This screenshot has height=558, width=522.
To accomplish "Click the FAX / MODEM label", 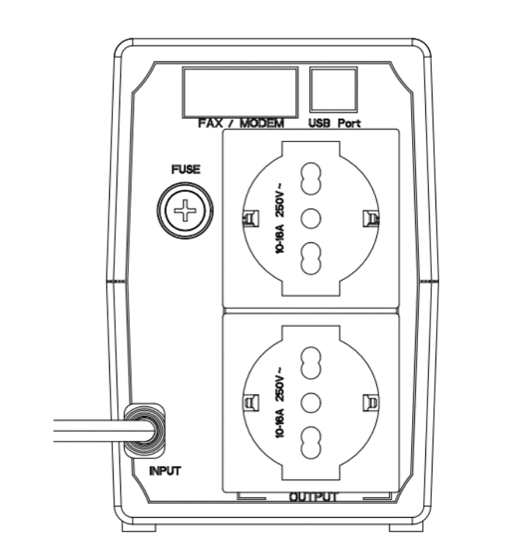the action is click(x=241, y=124).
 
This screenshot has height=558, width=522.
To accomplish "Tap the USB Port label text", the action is click(x=334, y=123).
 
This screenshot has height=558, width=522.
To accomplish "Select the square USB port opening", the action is click(x=333, y=89).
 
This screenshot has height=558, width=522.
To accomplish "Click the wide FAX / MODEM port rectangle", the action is click(x=240, y=92).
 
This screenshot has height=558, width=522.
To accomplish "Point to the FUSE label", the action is click(x=185, y=169).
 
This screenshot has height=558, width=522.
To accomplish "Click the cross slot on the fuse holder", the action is click(x=185, y=210).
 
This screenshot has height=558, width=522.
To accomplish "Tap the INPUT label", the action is click(x=165, y=471).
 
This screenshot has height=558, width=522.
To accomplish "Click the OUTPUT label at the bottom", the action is click(x=313, y=496).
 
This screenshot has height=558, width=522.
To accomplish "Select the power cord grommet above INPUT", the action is click(x=144, y=431).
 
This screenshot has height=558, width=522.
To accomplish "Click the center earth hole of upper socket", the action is click(x=311, y=218).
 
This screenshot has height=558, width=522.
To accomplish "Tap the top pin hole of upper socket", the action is click(x=311, y=179).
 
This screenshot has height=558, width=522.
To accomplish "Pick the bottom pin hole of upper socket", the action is click(x=311, y=258).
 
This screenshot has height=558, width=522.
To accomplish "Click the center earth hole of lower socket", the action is click(x=311, y=403).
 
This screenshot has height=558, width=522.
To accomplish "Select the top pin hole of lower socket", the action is click(x=311, y=363).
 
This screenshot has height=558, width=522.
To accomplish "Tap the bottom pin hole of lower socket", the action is click(x=311, y=443).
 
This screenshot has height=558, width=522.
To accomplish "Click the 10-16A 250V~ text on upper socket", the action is click(x=280, y=217).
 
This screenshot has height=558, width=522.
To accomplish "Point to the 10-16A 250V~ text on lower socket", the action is click(x=280, y=402).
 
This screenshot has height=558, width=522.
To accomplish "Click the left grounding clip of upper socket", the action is click(x=251, y=218).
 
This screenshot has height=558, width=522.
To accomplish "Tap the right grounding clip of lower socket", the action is click(x=370, y=403).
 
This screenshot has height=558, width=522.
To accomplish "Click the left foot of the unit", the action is click(x=139, y=527).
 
